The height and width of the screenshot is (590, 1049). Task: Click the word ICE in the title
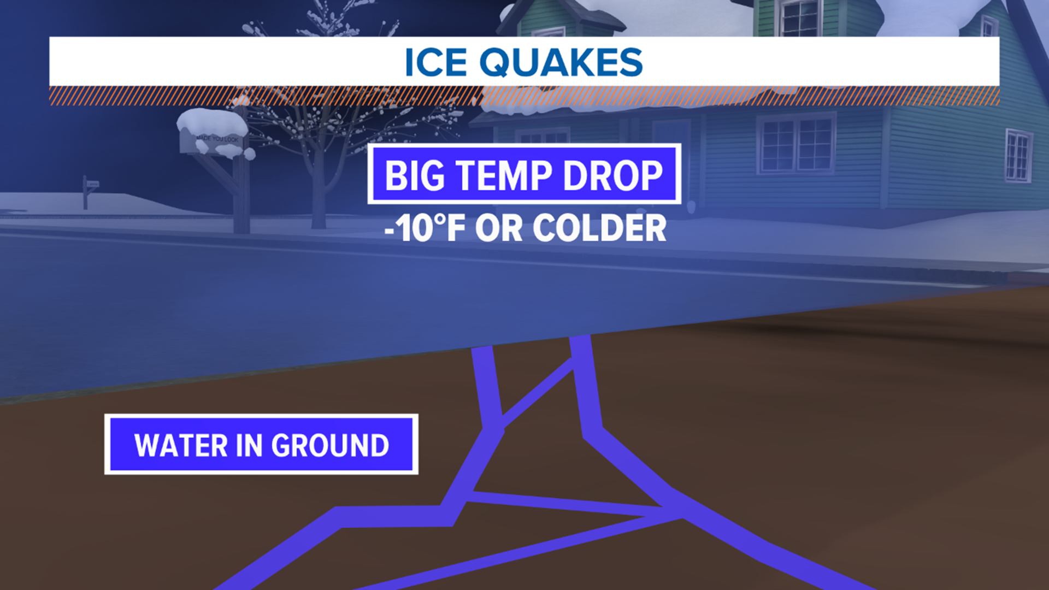coord(435,62)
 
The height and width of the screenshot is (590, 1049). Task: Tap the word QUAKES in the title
coord(561,62)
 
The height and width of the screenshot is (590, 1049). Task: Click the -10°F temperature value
coord(425,228)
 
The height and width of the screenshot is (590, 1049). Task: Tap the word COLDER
coord(599,228)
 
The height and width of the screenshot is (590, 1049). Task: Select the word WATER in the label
coord(181,445)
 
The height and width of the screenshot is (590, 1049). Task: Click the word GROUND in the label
coord(330,445)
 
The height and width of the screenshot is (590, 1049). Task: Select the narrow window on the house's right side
coord(1018,156)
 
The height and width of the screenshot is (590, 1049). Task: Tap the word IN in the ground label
coord(249,445)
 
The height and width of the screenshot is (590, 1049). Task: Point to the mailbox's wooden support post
coord(240,197)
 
